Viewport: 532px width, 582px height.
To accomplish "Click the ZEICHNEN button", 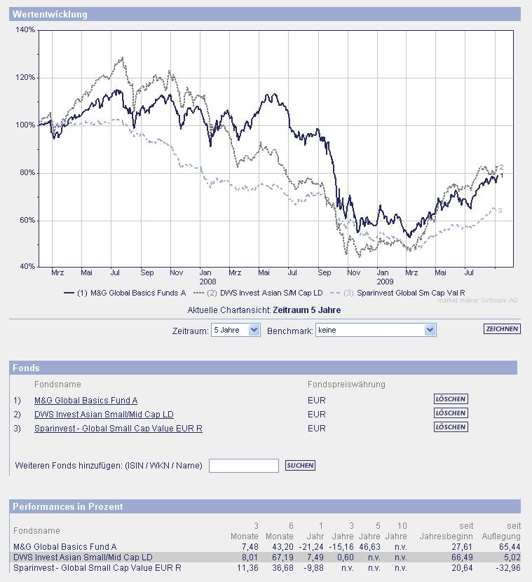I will [x=502, y=329].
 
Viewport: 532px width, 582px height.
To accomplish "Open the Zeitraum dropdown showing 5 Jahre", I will [x=236, y=330].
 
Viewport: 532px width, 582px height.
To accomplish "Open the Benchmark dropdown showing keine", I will [x=376, y=330].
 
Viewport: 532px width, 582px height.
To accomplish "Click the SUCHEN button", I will [x=300, y=465].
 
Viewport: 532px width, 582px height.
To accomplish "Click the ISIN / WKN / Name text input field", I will [x=244, y=466].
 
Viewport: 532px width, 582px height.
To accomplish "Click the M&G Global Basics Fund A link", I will [x=86, y=400].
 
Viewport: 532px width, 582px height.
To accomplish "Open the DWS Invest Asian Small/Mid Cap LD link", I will [x=104, y=414].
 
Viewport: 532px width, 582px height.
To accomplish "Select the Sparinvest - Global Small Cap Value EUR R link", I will [x=118, y=427].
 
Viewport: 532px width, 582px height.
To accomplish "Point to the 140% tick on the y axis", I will [x=25, y=30].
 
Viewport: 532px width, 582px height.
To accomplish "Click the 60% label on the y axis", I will [x=27, y=221].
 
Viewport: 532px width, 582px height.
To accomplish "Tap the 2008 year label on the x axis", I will [x=207, y=282].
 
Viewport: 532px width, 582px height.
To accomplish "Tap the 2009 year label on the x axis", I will [x=385, y=282].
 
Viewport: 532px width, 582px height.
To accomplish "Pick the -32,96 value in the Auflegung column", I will [x=505, y=567].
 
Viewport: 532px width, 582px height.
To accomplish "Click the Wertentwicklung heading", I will [x=50, y=14].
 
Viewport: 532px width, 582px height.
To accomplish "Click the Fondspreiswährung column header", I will [x=346, y=384].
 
